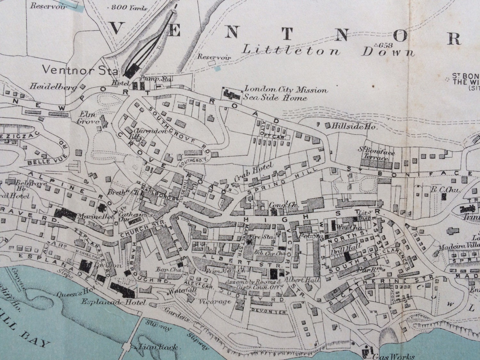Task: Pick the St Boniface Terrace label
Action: [x=374, y=152]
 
